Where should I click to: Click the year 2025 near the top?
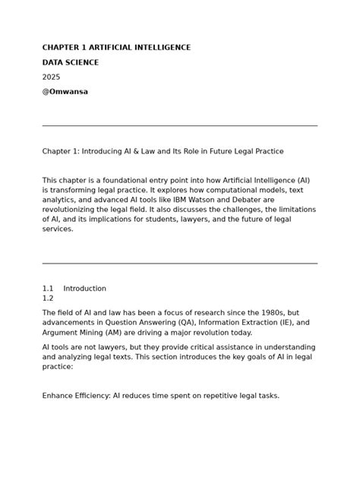[x=51, y=77]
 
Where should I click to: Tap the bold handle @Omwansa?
[x=65, y=92]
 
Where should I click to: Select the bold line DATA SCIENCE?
[x=71, y=62]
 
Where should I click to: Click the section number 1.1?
[x=48, y=289]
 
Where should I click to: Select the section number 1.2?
[x=48, y=298]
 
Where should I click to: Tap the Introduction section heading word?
[x=84, y=289]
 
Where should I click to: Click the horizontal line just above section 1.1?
[x=180, y=264]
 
